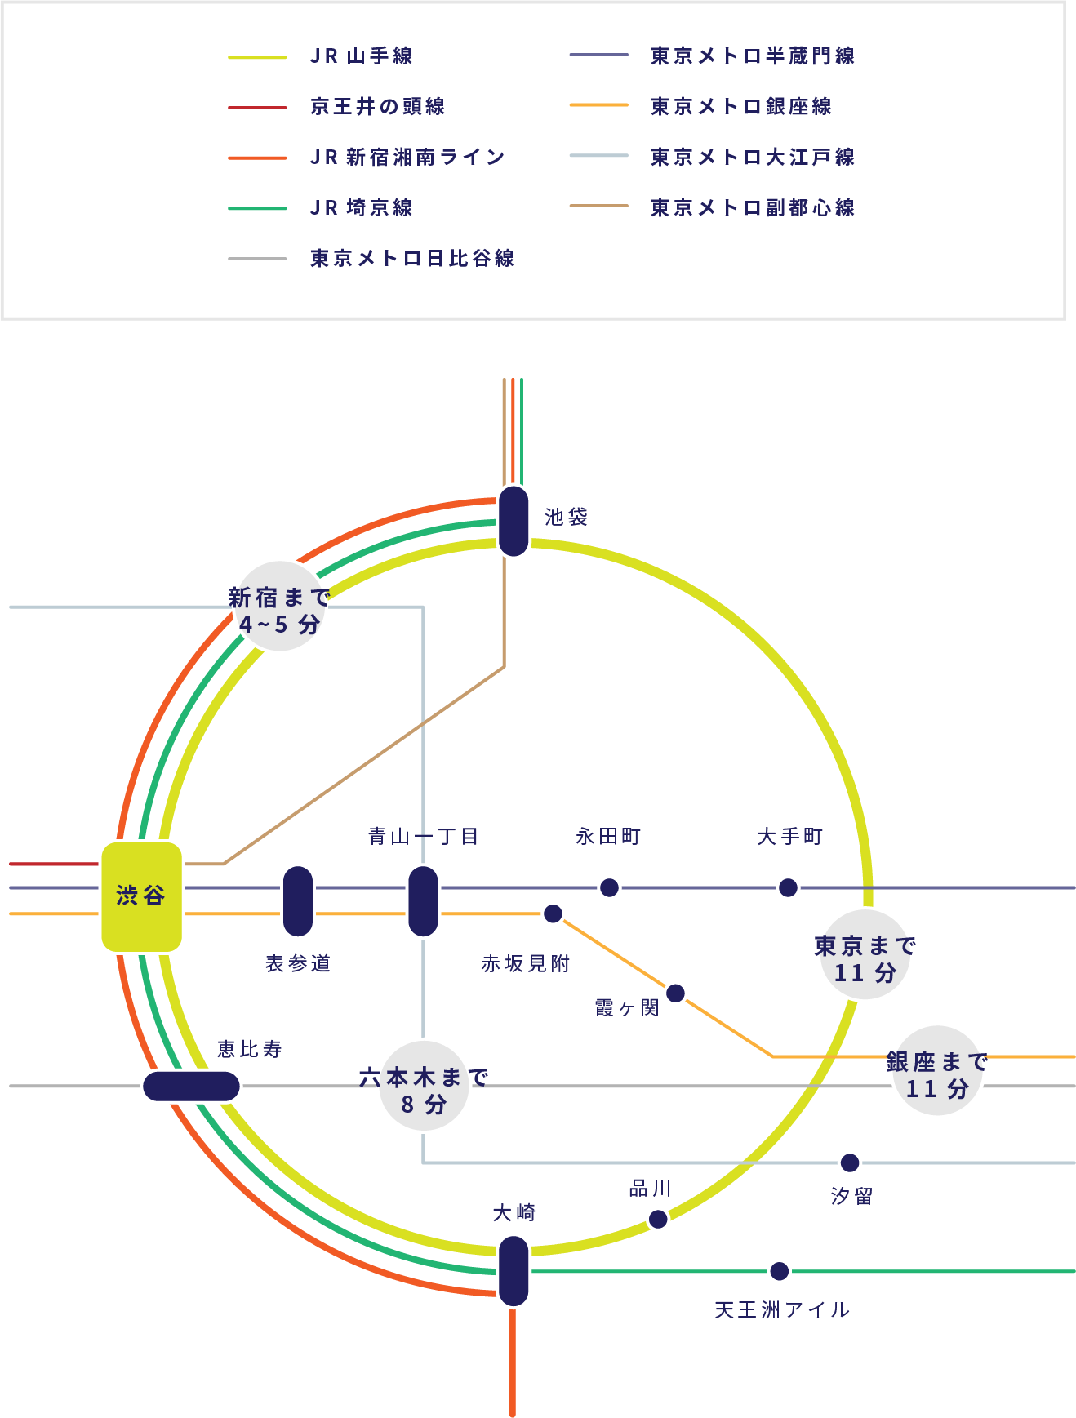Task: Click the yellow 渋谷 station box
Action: (141, 896)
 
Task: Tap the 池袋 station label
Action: (566, 517)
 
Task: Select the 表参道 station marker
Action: (298, 900)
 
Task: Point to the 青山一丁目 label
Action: (423, 836)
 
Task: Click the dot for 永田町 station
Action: (609, 887)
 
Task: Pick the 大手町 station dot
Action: (788, 887)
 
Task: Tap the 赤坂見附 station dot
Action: (553, 913)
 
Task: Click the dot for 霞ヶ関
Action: (675, 993)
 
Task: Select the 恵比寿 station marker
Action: (191, 1087)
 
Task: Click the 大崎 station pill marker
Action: (514, 1271)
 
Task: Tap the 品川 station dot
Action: (658, 1219)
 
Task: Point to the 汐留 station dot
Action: (850, 1162)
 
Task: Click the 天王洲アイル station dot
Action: (780, 1271)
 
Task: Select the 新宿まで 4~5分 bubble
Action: (280, 607)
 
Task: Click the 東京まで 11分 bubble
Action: (865, 955)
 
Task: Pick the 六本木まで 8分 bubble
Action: (424, 1087)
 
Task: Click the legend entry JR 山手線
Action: (361, 56)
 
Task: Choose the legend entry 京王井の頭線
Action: (377, 107)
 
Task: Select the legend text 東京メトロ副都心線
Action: (752, 208)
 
